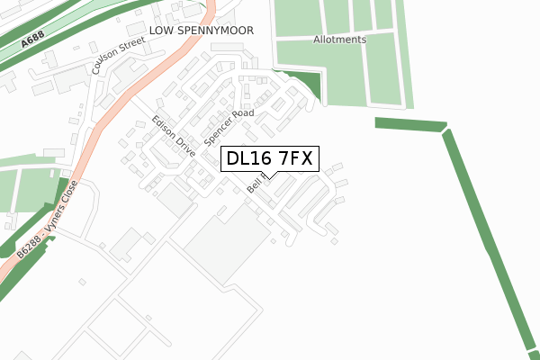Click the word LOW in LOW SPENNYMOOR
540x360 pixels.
pyautogui.click(x=166, y=31)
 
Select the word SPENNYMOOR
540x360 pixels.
pyautogui.click(x=219, y=31)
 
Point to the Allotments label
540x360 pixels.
pyautogui.click(x=339, y=40)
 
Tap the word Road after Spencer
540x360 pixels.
pyautogui.click(x=244, y=114)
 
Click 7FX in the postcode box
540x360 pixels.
pyautogui.click(x=292, y=159)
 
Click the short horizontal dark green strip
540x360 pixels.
pyautogui.click(x=409, y=124)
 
